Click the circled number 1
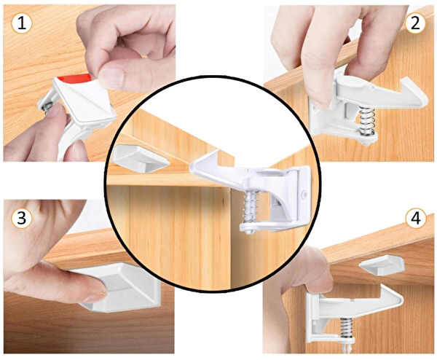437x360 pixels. coord(22,23)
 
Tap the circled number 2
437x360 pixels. coord(415,23)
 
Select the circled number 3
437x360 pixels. coord(22,218)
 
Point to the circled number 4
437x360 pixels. coord(416,219)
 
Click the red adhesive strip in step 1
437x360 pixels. coord(75,78)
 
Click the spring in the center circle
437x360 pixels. coord(251,206)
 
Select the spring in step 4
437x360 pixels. coord(347,327)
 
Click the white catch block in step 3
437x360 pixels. coord(117,287)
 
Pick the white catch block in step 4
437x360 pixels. coord(382,265)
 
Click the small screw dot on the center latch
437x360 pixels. coord(305,194)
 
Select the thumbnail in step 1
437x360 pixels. coord(111,75)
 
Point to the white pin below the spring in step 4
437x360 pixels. coord(347,348)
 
